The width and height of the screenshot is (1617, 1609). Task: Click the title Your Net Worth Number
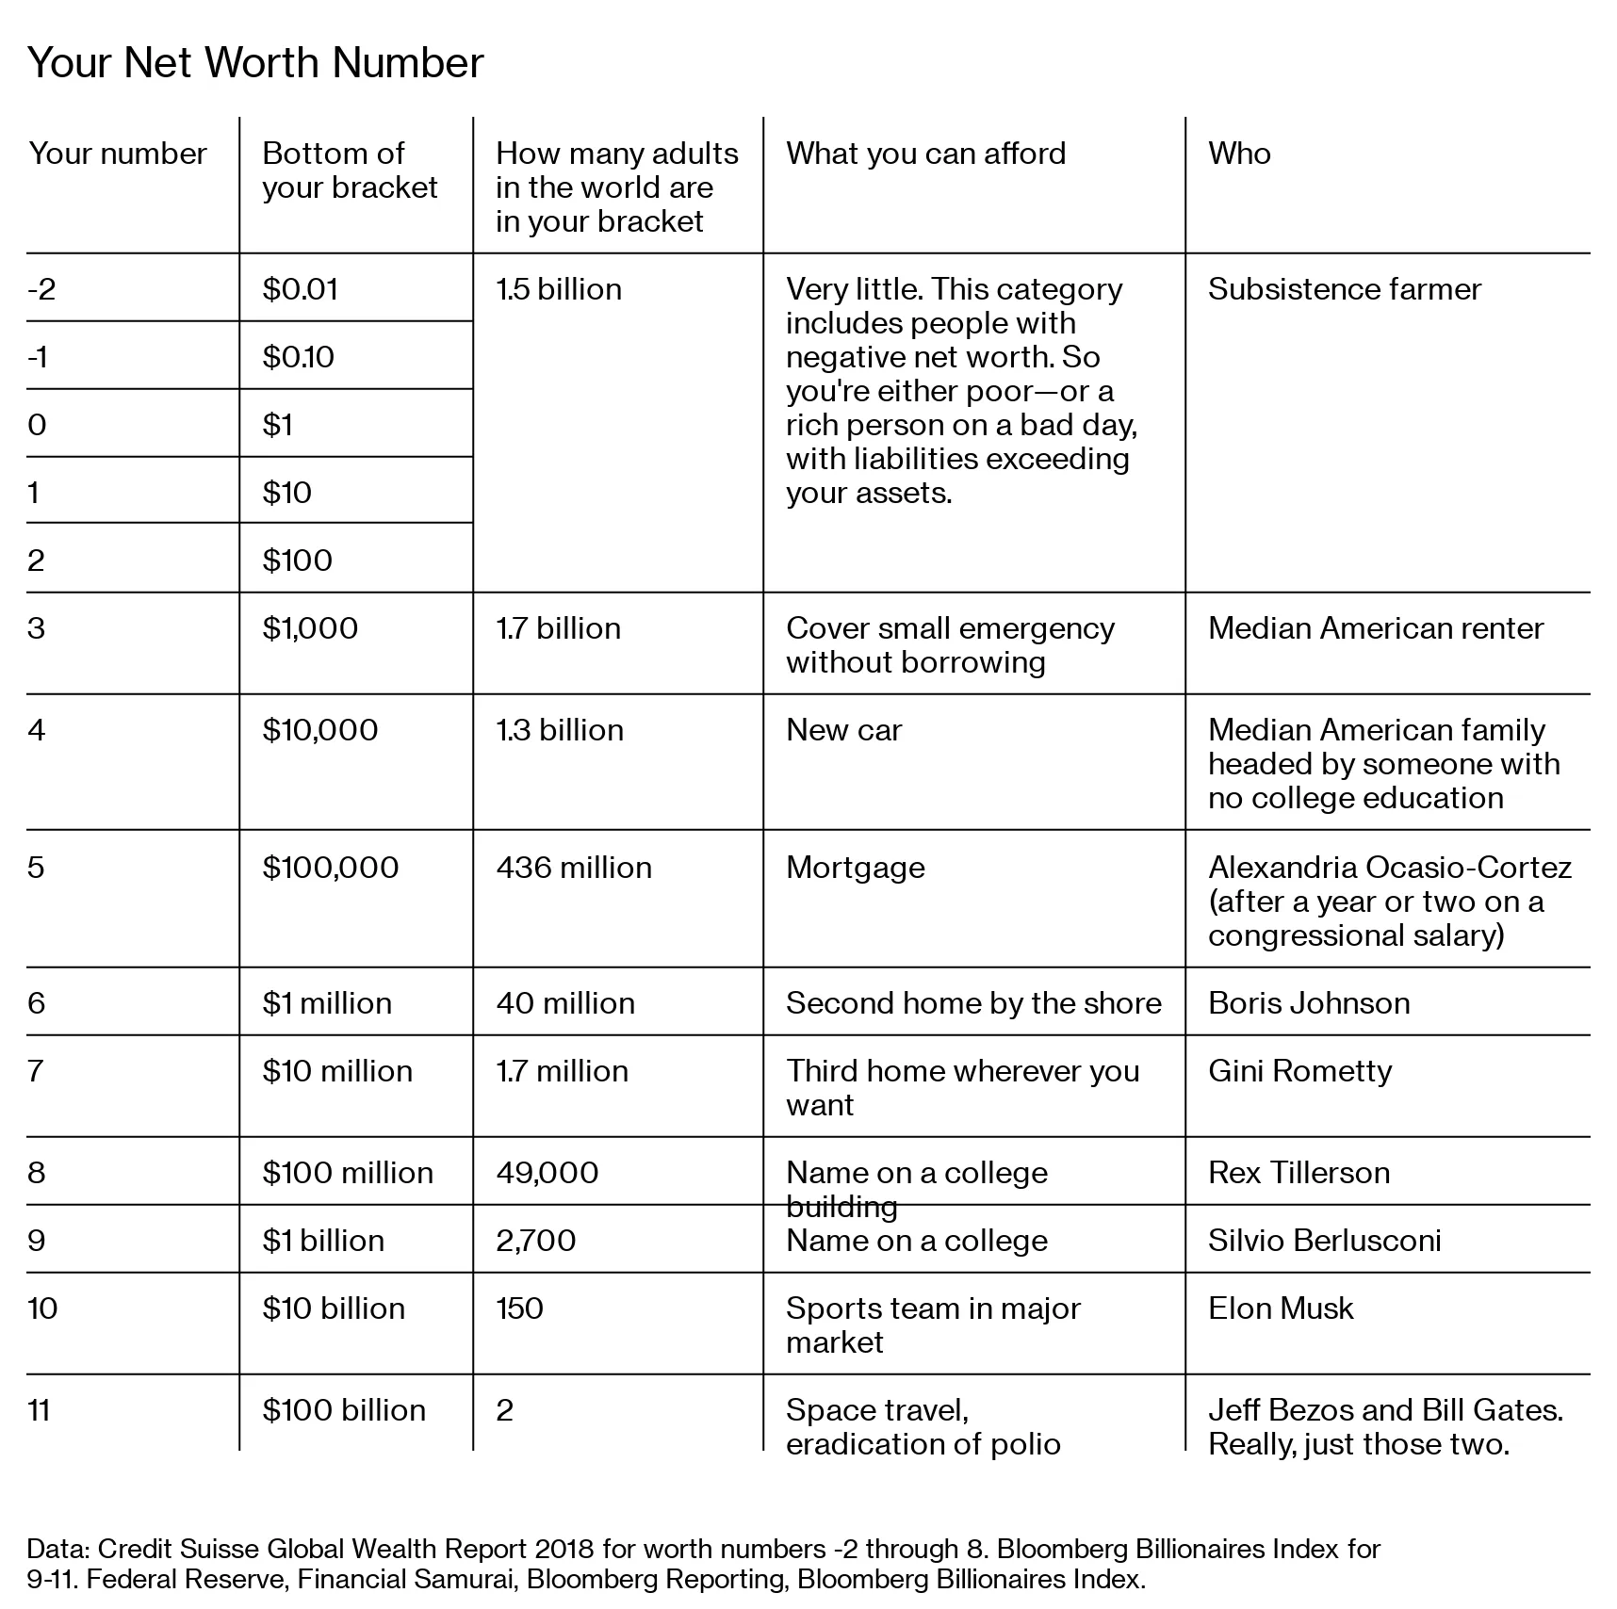point(255,63)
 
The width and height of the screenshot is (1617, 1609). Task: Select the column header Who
point(1239,154)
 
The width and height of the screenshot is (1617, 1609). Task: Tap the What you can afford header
point(925,154)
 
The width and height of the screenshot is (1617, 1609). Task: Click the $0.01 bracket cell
point(301,289)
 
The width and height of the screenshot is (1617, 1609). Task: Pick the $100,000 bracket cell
point(331,868)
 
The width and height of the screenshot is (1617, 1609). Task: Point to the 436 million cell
point(574,868)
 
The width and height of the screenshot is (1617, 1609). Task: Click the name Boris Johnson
point(1309,1003)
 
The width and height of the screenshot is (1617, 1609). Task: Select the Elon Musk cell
point(1281,1308)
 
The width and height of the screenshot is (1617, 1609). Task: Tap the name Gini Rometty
point(1299,1071)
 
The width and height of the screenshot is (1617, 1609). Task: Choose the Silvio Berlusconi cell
point(1324,1241)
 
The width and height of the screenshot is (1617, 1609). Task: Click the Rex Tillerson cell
point(1298,1173)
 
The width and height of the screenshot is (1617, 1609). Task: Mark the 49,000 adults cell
point(547,1173)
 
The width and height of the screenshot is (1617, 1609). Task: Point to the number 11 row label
point(39,1410)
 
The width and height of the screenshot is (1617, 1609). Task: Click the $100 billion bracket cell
point(344,1410)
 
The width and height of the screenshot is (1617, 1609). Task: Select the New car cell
point(843,730)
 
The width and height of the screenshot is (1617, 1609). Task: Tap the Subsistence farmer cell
point(1344,289)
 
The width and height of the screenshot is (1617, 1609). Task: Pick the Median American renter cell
point(1376,628)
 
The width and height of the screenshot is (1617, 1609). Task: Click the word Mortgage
point(855,868)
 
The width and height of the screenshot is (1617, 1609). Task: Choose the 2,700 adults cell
point(535,1241)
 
